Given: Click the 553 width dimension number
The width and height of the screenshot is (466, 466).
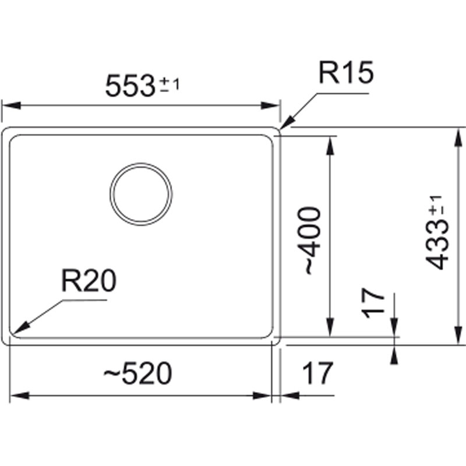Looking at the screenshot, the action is coord(130,86).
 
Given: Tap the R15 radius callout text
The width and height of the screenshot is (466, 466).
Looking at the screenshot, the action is coord(346,72).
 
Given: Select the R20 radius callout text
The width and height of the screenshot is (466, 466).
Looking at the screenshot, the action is coord(89,281).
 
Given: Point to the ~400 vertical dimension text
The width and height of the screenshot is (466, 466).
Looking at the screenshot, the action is coord(313,241).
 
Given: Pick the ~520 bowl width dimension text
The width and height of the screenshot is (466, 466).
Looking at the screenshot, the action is coord(137,373).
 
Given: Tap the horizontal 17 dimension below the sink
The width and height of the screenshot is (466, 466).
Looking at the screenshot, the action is coord(317,373).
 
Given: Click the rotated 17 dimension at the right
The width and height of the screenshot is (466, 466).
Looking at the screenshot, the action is coord(373,303).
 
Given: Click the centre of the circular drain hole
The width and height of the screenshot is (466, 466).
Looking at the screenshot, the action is coord(141,194).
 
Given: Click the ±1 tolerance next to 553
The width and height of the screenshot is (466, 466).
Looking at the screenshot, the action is coord(170,85).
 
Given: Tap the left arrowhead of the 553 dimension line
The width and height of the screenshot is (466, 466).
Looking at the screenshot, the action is coord(11,105).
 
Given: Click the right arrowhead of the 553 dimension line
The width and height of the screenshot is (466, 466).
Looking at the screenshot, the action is coord(270,105).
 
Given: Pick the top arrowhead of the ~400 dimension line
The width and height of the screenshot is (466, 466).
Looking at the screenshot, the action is coord(330,145).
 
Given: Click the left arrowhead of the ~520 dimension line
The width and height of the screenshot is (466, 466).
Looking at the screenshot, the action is coord(19,396).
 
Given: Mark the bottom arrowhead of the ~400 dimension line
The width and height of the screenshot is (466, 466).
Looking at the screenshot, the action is coord(330,327).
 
